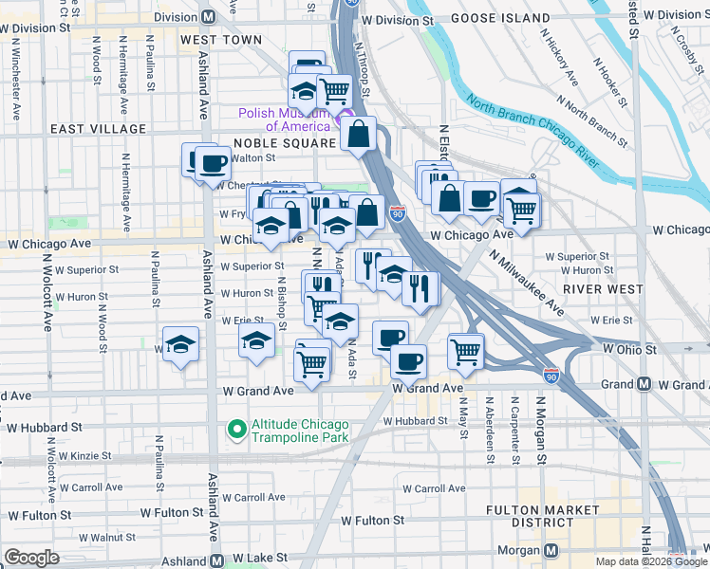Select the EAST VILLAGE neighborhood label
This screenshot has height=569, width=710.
coord(99,129)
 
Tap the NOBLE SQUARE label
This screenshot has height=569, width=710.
coord(285,142)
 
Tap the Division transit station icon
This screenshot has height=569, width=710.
coord(208,17)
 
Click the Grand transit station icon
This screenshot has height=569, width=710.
coord(645,384)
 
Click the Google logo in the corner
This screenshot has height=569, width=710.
coord(31,558)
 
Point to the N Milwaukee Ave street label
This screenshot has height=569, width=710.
coord(528,283)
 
